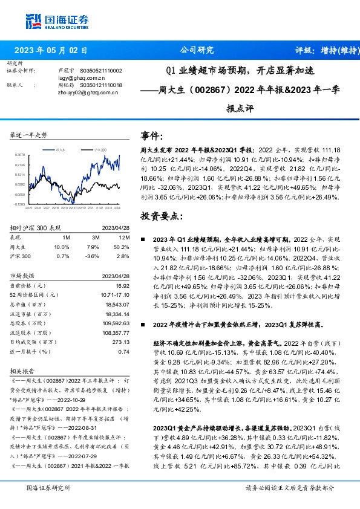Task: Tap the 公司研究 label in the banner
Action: [x=197, y=51]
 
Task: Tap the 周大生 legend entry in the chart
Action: [x=61, y=148]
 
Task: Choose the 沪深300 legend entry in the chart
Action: [x=100, y=148]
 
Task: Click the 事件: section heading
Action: [x=151, y=135]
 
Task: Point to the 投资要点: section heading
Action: [x=160, y=216]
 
